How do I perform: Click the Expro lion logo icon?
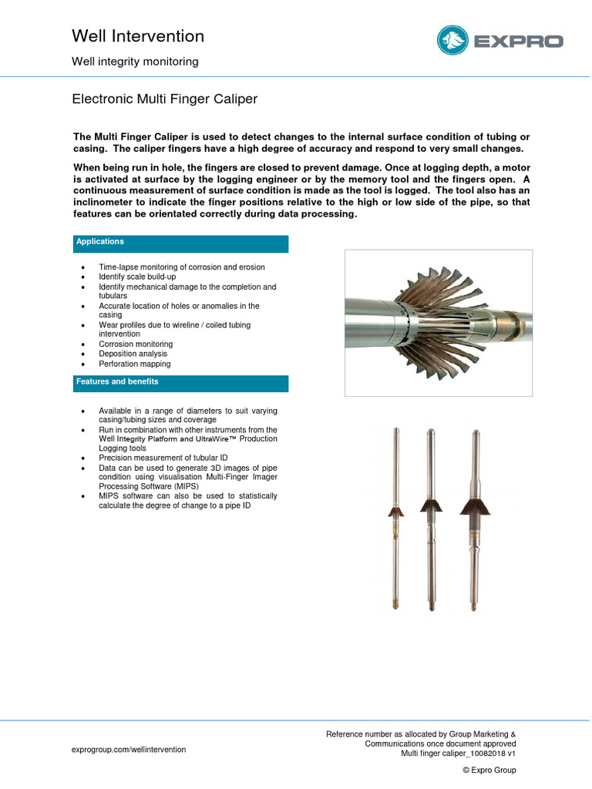[453, 41]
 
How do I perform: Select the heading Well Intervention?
[138, 36]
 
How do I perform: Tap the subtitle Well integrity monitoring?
[135, 62]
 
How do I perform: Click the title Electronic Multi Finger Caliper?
[164, 99]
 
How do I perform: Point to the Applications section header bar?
[181, 243]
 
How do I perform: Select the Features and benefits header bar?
[181, 383]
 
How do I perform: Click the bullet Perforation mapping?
[134, 364]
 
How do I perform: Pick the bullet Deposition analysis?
[133, 354]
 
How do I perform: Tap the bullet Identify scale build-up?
[138, 277]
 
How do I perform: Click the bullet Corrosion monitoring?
[136, 344]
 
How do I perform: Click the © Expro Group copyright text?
[489, 771]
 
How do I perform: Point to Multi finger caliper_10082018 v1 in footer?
[458, 754]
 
